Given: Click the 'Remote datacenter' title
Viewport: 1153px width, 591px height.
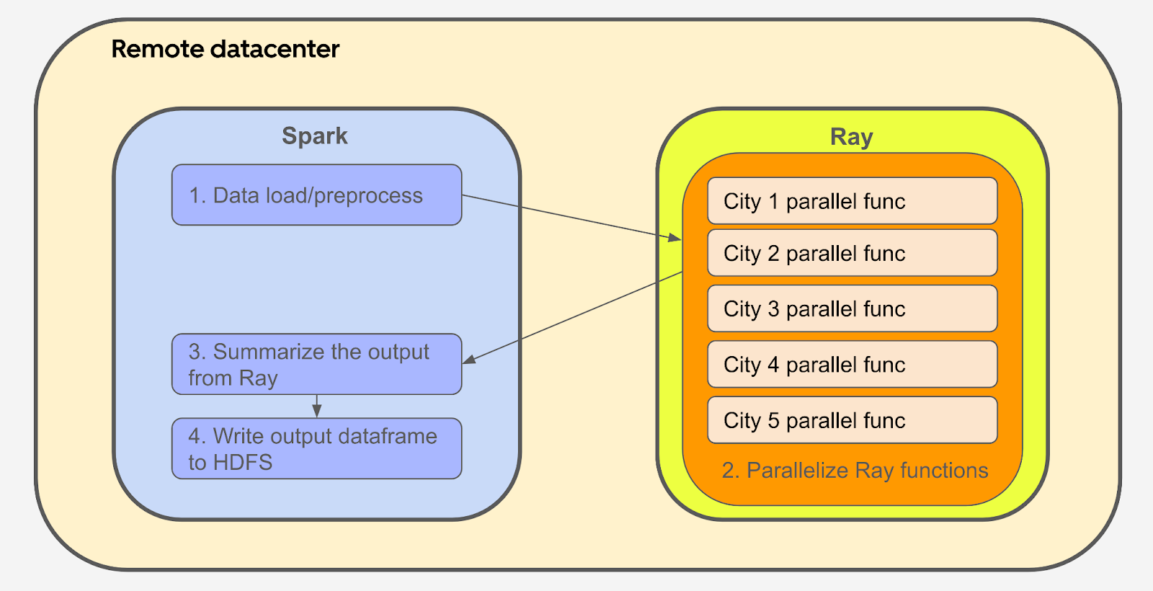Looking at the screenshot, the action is click(226, 50).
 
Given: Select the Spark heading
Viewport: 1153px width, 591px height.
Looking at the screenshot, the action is click(314, 136).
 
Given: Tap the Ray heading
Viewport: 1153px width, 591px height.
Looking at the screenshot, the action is click(851, 137).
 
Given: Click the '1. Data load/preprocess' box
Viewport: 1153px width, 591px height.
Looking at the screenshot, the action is click(316, 195).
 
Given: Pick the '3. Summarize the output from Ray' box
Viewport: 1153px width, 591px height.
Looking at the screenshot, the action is click(316, 364).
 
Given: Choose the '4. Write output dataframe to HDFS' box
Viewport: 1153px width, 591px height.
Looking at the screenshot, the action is click(316, 448).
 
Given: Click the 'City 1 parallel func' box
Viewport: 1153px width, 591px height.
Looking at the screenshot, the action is click(852, 201).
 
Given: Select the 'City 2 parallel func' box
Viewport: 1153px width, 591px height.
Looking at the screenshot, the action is click(852, 253).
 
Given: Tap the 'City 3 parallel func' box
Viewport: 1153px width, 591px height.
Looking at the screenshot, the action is click(852, 308).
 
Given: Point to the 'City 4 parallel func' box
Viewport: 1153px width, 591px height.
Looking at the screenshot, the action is click(852, 364).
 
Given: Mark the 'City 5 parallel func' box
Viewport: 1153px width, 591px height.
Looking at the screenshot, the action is click(852, 420).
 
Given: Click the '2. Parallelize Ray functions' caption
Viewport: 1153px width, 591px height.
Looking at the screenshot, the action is click(855, 471).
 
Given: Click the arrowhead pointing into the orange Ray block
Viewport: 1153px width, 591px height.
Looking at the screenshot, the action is click(675, 238).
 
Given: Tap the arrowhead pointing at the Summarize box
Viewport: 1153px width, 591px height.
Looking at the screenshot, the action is click(469, 360).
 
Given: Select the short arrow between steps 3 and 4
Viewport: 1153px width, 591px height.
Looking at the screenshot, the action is click(316, 406).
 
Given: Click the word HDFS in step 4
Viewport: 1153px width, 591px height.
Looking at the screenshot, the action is click(243, 462).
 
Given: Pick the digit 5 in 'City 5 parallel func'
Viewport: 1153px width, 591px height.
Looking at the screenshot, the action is click(774, 421).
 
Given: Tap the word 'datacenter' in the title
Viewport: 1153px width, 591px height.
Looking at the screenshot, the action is click(275, 50).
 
